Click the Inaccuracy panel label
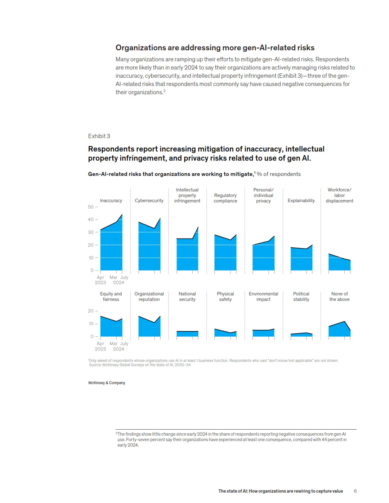click(x=111, y=200)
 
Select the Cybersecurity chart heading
click(x=149, y=200)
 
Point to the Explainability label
click(x=301, y=200)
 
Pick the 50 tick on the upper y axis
click(x=91, y=207)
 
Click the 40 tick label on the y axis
click(x=91, y=219)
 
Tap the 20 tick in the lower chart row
click(x=91, y=311)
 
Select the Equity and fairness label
click(x=111, y=296)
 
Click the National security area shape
click(x=187, y=334)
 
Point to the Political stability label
click(x=301, y=296)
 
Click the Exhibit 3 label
click(x=99, y=136)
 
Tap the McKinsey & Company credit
click(x=107, y=383)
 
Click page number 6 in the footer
click(x=355, y=491)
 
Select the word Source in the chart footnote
click(x=95, y=365)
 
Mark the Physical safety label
click(x=225, y=296)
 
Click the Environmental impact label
click(x=263, y=296)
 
